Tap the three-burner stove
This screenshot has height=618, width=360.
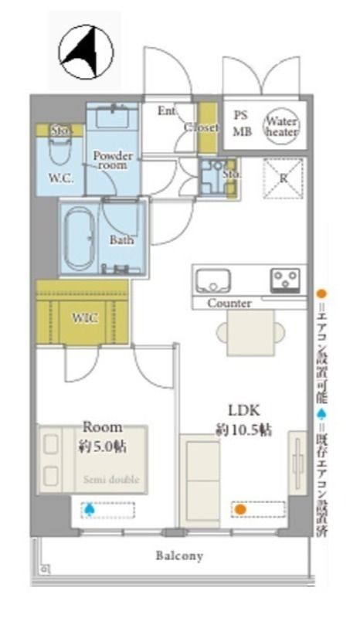coord(286,279)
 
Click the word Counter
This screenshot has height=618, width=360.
coord(229,304)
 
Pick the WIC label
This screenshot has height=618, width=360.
coord(84,318)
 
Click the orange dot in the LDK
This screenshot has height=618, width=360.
coord(240,509)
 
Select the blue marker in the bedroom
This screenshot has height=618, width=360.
coord(90,509)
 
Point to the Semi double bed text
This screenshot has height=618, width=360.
coord(111,480)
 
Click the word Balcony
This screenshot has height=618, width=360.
coord(179,555)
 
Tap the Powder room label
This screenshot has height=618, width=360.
coord(113,160)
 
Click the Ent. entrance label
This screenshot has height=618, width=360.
coord(166,111)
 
